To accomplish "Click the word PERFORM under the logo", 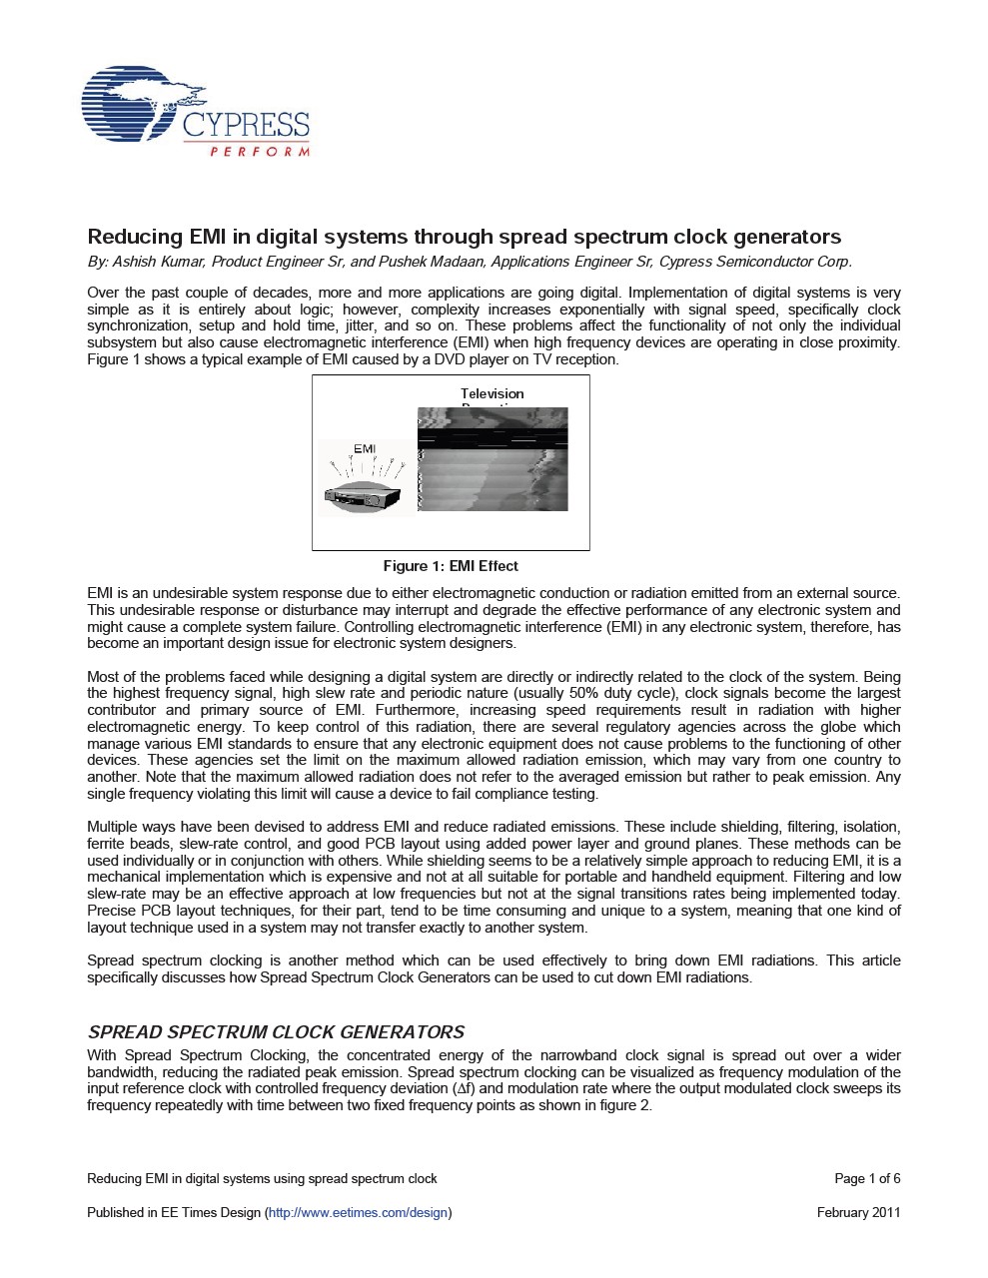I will [x=260, y=152].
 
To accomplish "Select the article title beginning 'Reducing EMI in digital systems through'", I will [x=465, y=237].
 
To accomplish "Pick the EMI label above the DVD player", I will [x=365, y=448].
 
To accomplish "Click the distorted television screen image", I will [x=493, y=459].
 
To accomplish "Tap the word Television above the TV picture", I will [x=492, y=393].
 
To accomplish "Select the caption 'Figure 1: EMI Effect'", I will [x=451, y=566].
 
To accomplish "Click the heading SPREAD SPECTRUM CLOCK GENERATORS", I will [x=276, y=1031].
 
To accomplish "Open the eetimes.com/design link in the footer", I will [x=358, y=1212].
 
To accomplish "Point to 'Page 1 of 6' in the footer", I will [x=867, y=1178].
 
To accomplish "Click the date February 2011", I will [x=858, y=1212].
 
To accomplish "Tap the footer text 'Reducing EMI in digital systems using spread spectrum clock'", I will [x=262, y=1178].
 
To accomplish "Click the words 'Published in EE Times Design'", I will [x=174, y=1212].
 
